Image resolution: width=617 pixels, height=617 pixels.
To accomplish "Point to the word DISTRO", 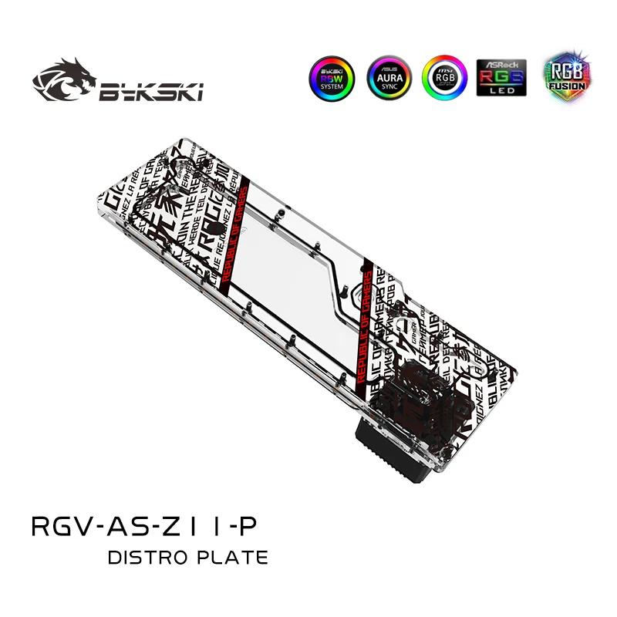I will coord(151,557).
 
